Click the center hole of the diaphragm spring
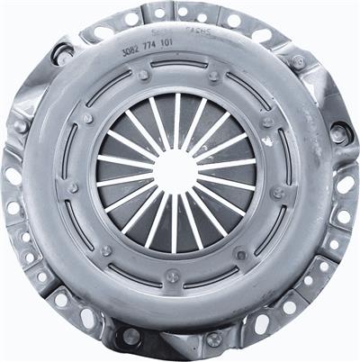175,171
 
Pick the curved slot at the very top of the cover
177,65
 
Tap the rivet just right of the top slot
212,75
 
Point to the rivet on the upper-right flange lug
298,62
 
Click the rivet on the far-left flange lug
19,126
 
